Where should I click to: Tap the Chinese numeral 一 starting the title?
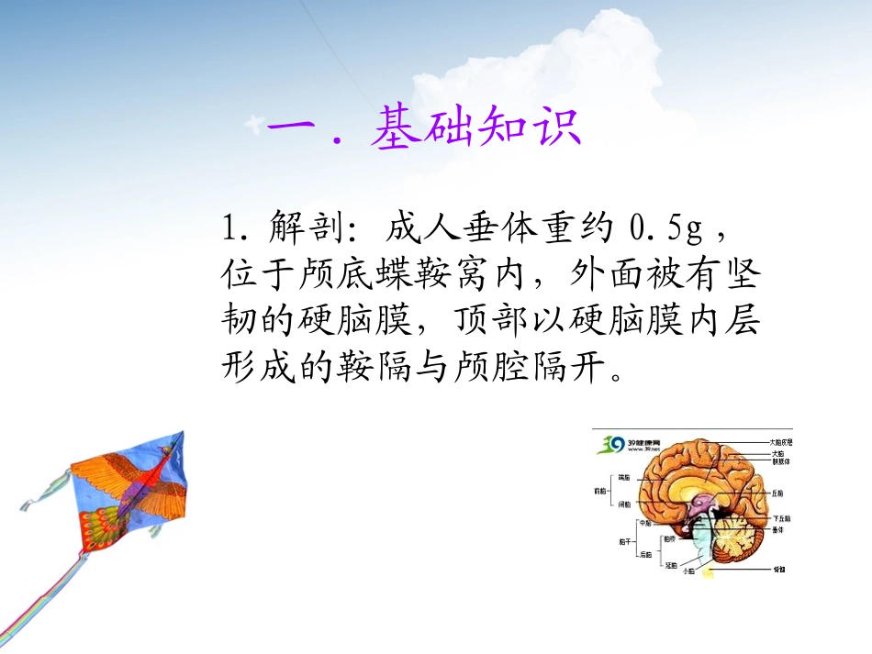coord(291,128)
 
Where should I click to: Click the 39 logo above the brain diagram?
coord(610,444)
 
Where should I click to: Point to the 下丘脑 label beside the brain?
coord(780,518)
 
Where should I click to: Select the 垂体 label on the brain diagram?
coord(777,530)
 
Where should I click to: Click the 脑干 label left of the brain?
coord(625,541)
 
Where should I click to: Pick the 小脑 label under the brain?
coord(688,571)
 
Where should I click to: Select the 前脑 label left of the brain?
coord(599,491)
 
